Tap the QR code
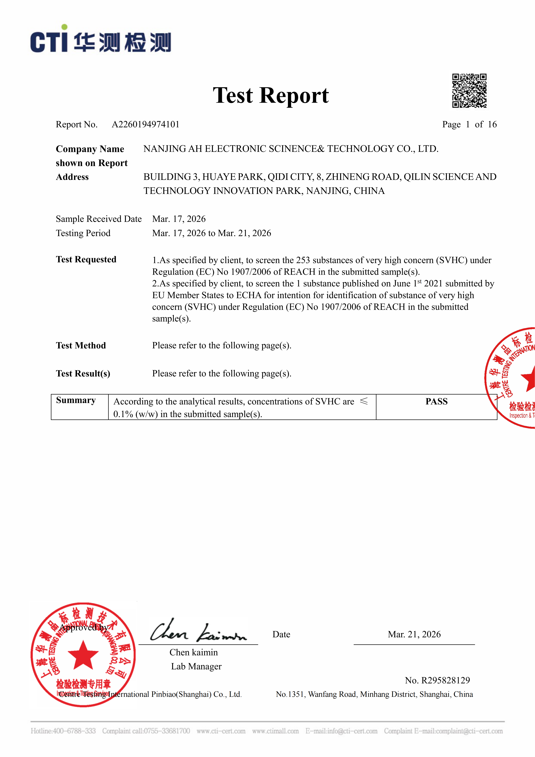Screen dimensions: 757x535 (469, 91)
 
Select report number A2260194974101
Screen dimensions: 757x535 (146, 124)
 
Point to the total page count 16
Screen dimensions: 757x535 (492, 124)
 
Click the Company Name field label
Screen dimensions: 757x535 (90, 149)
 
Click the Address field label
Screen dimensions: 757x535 (72, 177)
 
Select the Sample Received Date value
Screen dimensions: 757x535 (179, 219)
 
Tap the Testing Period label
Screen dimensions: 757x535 (83, 233)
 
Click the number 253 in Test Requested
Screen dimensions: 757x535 (303, 260)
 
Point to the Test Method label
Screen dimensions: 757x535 (81, 345)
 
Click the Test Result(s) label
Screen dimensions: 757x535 (83, 374)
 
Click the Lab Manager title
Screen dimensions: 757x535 (196, 666)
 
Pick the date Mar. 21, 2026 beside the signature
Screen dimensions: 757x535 (414, 634)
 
